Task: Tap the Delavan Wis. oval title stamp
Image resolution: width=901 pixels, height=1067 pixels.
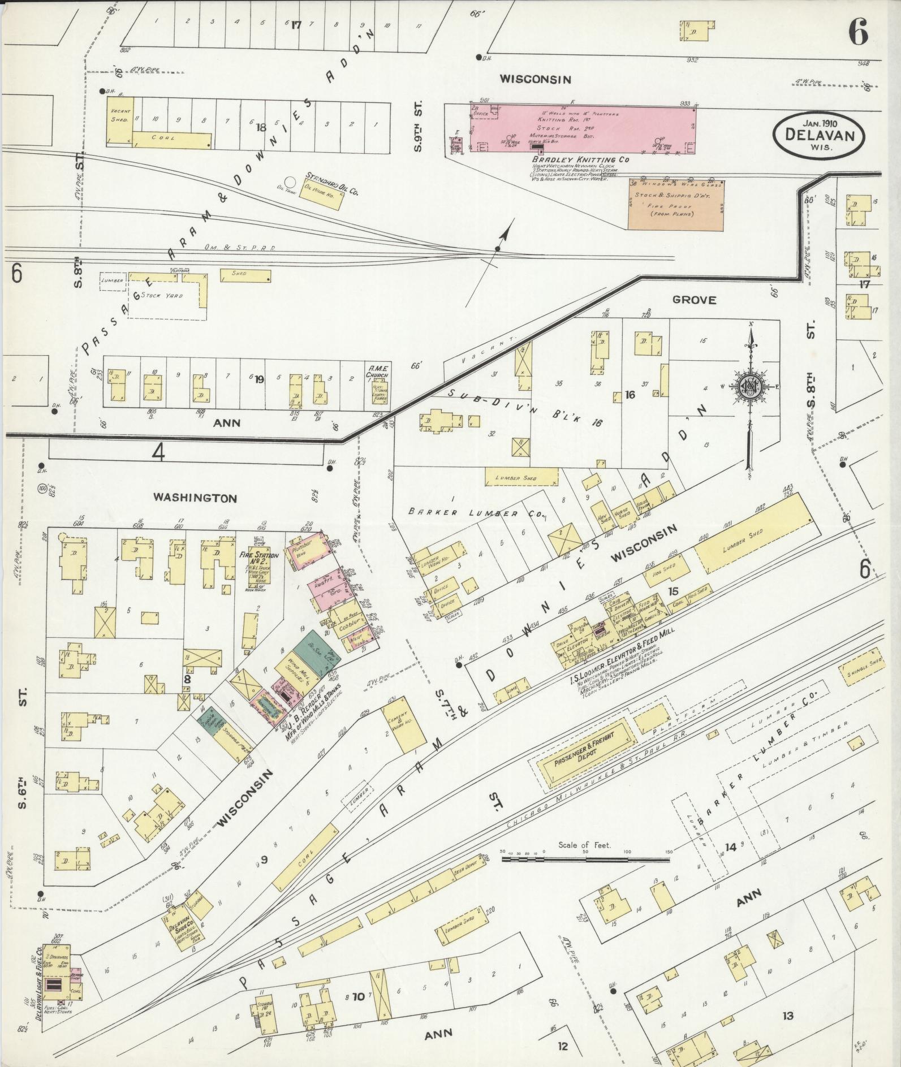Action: pos(819,134)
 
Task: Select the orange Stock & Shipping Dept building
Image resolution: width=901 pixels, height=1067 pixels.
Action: pos(675,205)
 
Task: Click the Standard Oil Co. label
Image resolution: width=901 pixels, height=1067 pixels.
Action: pos(333,184)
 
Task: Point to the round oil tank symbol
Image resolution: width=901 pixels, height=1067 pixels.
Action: pos(290,182)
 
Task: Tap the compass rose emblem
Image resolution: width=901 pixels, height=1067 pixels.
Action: pos(750,386)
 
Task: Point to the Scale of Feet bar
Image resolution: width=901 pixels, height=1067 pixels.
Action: pos(585,859)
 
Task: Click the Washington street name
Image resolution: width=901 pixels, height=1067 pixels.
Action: pos(194,498)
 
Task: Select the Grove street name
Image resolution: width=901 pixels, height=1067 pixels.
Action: pos(694,300)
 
